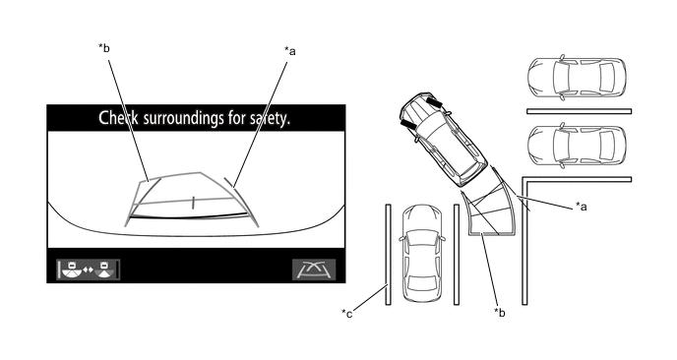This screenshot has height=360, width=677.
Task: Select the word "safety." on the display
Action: [271, 118]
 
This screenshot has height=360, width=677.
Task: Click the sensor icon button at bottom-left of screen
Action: [89, 270]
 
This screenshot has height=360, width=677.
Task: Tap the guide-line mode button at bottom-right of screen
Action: [314, 270]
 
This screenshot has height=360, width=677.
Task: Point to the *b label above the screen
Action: [104, 48]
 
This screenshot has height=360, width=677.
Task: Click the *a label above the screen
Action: [290, 51]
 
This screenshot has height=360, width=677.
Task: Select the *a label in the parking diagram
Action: [582, 207]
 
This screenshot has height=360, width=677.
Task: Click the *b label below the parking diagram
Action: [500, 313]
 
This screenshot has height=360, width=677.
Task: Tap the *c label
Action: [347, 314]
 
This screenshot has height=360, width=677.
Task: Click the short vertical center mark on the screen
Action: [193, 203]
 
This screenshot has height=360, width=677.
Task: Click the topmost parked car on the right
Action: [577, 78]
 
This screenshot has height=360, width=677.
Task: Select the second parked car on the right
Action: [577, 146]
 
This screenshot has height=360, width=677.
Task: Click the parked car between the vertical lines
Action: [422, 254]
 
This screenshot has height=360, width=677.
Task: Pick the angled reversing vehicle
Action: [444, 139]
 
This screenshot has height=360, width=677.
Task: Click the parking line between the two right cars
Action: [580, 111]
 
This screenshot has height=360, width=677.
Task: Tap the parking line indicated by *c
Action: [388, 255]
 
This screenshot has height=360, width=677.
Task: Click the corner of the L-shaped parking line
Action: [525, 179]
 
